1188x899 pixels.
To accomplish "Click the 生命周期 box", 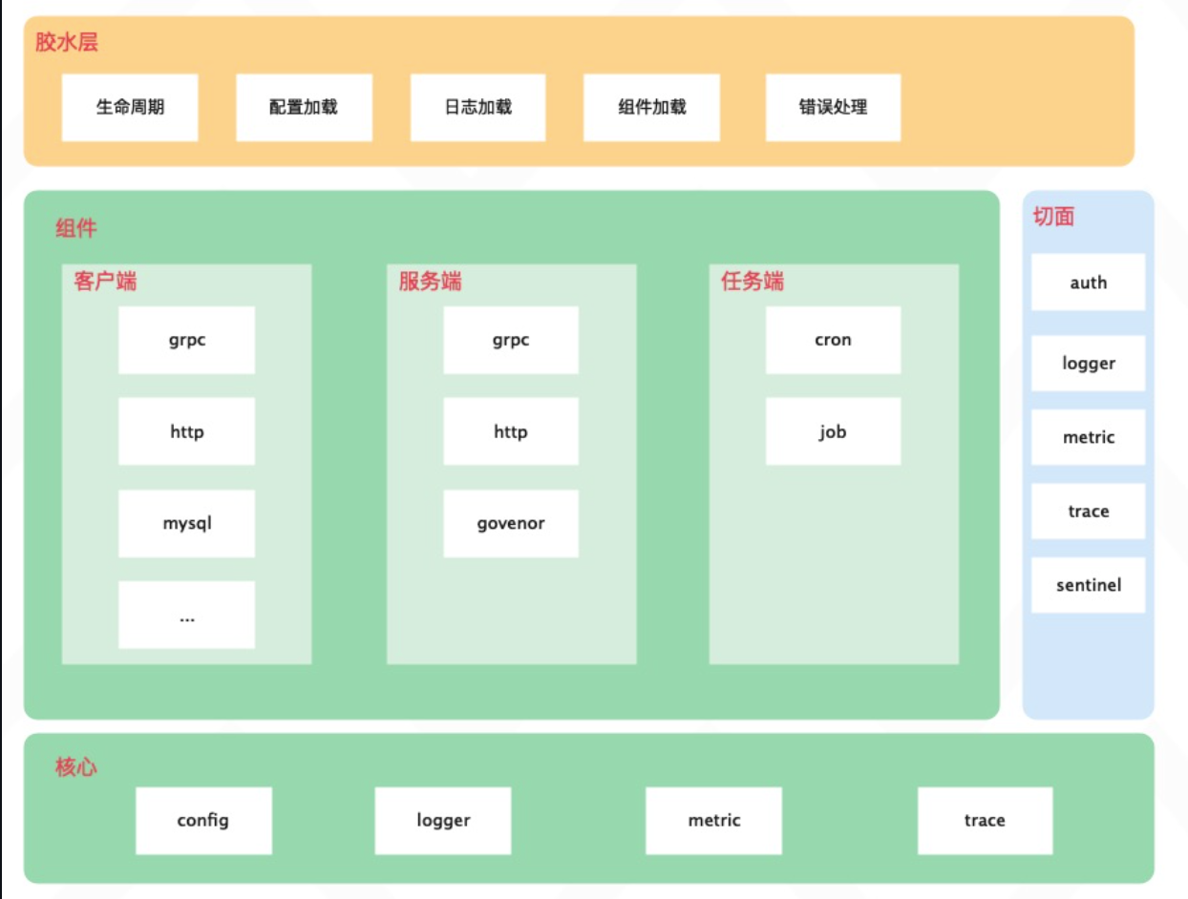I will click(x=130, y=107).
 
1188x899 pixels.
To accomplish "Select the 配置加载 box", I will click(x=304, y=107).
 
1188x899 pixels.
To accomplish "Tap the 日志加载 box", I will click(x=478, y=107).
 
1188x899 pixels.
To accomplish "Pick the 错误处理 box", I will click(x=833, y=107).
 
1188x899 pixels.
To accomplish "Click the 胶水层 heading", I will click(x=67, y=43).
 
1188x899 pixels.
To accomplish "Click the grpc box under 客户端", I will click(x=187, y=340).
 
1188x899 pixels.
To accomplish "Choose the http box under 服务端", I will click(x=511, y=431).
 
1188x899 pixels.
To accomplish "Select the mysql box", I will click(x=187, y=523).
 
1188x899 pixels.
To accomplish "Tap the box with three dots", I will click(x=187, y=616).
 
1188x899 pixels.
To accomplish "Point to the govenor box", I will click(x=511, y=523).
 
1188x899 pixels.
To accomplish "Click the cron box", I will click(x=833, y=340).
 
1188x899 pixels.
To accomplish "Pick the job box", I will click(x=833, y=431).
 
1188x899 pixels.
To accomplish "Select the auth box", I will click(x=1088, y=282).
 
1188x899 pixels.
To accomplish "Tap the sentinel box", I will click(x=1088, y=585).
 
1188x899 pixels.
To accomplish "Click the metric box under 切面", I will click(x=1088, y=437).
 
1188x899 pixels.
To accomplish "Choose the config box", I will click(x=203, y=820).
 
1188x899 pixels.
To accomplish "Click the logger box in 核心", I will click(x=443, y=820).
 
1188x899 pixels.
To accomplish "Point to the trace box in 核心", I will click(x=985, y=820).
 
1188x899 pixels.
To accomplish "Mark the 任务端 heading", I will click(x=753, y=282).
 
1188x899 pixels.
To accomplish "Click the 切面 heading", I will click(x=1053, y=217).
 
